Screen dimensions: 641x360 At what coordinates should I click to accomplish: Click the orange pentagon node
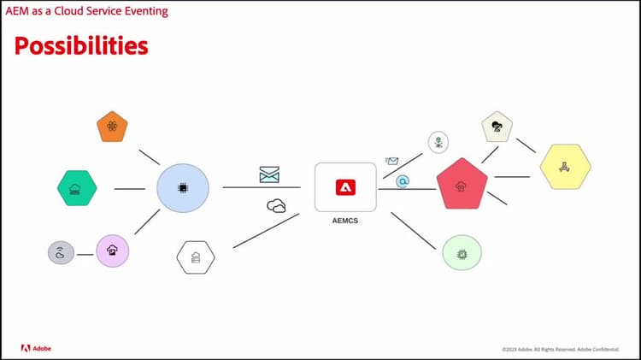pos(112,127)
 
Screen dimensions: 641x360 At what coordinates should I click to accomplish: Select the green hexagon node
pos(77,188)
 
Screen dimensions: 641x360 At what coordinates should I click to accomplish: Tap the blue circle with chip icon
pos(183,188)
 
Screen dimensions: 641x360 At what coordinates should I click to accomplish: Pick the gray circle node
pos(61,253)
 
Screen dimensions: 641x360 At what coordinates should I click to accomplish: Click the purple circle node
pos(113,251)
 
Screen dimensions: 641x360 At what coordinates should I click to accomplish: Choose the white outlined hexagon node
pos(196,257)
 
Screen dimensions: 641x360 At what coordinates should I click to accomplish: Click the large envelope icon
pos(269,174)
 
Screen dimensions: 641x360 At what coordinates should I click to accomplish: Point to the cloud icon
pos(276,206)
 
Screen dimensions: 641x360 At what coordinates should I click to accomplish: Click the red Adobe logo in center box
pos(345,187)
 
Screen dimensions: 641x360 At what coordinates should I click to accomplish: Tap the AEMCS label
pos(345,221)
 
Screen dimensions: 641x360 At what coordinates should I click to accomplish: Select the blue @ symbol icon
pos(403,181)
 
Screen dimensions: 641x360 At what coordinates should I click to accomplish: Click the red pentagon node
pos(462,184)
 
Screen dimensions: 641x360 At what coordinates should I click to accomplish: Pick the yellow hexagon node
pos(566,167)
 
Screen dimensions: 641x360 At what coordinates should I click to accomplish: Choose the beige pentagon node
pos(497,127)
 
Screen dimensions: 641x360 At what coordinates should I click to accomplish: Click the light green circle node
pos(462,253)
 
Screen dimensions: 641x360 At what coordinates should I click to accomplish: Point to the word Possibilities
pos(81,45)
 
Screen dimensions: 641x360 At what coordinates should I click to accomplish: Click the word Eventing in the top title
pos(146,11)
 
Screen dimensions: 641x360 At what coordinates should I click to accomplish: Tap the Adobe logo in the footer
pos(36,348)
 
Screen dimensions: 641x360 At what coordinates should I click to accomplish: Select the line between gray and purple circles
pos(85,255)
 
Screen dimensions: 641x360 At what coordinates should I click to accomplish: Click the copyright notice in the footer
pos(561,350)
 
